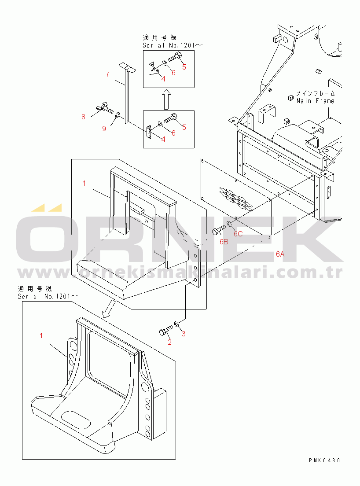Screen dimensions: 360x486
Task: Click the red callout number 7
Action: coord(107,74)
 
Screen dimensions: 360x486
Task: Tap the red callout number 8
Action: coord(83,117)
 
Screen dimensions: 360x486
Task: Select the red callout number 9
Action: coord(104,128)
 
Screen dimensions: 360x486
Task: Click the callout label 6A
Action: coord(280,254)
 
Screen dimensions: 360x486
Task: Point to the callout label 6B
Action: coord(224,242)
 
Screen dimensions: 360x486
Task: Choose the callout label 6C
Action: coord(238,234)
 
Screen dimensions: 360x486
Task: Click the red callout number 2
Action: coord(169,342)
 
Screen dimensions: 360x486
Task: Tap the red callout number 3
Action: coord(184,334)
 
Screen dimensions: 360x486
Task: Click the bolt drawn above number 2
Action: coord(166,330)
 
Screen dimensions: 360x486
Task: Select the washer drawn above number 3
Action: coord(176,324)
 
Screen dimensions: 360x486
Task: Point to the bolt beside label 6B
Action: coord(219,230)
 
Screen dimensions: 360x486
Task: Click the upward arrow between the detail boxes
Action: coord(167,99)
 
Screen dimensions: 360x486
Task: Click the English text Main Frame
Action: coord(316,101)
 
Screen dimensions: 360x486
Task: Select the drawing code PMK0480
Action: coord(324,460)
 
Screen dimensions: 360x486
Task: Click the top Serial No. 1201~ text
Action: coord(173,45)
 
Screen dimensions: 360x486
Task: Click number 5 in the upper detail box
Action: coord(184,67)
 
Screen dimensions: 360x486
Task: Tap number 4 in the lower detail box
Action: coord(163,139)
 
